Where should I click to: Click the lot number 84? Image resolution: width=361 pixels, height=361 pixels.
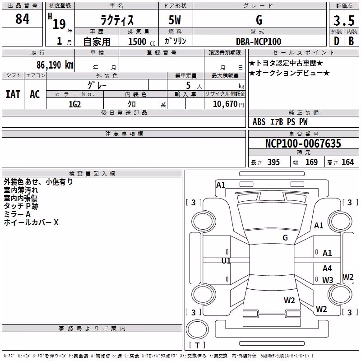point(22,19)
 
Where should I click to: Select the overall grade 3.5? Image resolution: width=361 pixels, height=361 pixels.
point(344,21)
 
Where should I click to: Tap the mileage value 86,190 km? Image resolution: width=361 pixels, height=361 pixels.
point(55,65)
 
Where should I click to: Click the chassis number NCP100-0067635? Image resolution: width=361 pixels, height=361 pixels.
point(303,143)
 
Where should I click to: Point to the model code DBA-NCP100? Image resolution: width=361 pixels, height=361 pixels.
point(259,42)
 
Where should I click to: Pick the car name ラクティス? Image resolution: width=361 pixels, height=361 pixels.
point(117,20)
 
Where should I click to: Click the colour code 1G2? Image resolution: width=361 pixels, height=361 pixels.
point(75,104)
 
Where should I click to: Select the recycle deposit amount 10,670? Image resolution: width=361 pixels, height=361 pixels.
point(225,104)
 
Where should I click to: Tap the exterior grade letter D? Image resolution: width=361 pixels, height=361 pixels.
point(337,41)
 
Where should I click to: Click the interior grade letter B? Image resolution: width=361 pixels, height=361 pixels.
point(351,41)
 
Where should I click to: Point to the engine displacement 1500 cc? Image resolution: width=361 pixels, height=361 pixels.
point(142,42)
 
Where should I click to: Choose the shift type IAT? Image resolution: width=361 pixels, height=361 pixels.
point(13,94)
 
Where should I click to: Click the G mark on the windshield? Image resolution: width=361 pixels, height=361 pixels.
point(285,237)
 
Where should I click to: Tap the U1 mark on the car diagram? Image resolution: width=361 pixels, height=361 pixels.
point(226,261)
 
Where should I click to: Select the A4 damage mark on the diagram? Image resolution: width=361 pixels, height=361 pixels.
point(327,268)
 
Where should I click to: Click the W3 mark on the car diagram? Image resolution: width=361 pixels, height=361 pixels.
point(328,280)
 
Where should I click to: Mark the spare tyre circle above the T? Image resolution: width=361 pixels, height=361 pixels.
point(197,329)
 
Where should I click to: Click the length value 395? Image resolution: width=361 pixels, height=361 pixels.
point(273,162)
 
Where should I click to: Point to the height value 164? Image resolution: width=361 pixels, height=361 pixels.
point(347,162)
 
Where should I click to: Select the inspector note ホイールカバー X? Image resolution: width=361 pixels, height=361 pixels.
point(31,222)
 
